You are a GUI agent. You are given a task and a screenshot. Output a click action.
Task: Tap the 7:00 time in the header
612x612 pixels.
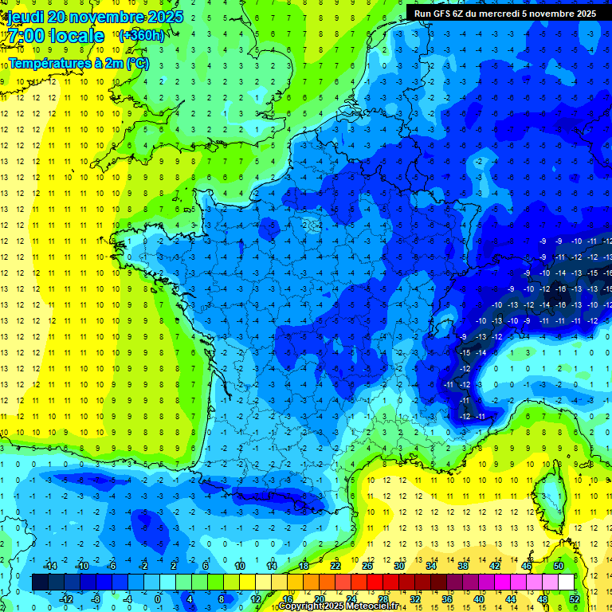pyautogui.click(x=26, y=36)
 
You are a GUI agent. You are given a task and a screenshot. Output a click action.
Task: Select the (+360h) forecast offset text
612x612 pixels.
pyautogui.click(x=141, y=36)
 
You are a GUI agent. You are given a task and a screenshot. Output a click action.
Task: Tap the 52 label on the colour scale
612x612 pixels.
pyautogui.click(x=574, y=599)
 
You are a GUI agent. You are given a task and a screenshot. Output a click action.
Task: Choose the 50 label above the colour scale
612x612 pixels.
pyautogui.click(x=559, y=566)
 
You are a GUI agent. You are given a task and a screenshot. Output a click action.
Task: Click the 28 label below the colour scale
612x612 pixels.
pyautogui.click(x=382, y=599)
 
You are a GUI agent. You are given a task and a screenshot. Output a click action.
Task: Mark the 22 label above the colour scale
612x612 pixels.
pyautogui.click(x=335, y=566)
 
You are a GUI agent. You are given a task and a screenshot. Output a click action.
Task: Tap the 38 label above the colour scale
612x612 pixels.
pyautogui.click(x=463, y=566)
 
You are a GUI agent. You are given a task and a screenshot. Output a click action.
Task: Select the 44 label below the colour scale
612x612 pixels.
pyautogui.click(x=510, y=599)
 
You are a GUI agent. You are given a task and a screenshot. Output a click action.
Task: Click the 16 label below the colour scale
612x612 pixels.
pyautogui.click(x=288, y=599)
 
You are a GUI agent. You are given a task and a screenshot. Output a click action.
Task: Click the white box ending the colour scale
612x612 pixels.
pyautogui.click(x=566, y=583)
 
